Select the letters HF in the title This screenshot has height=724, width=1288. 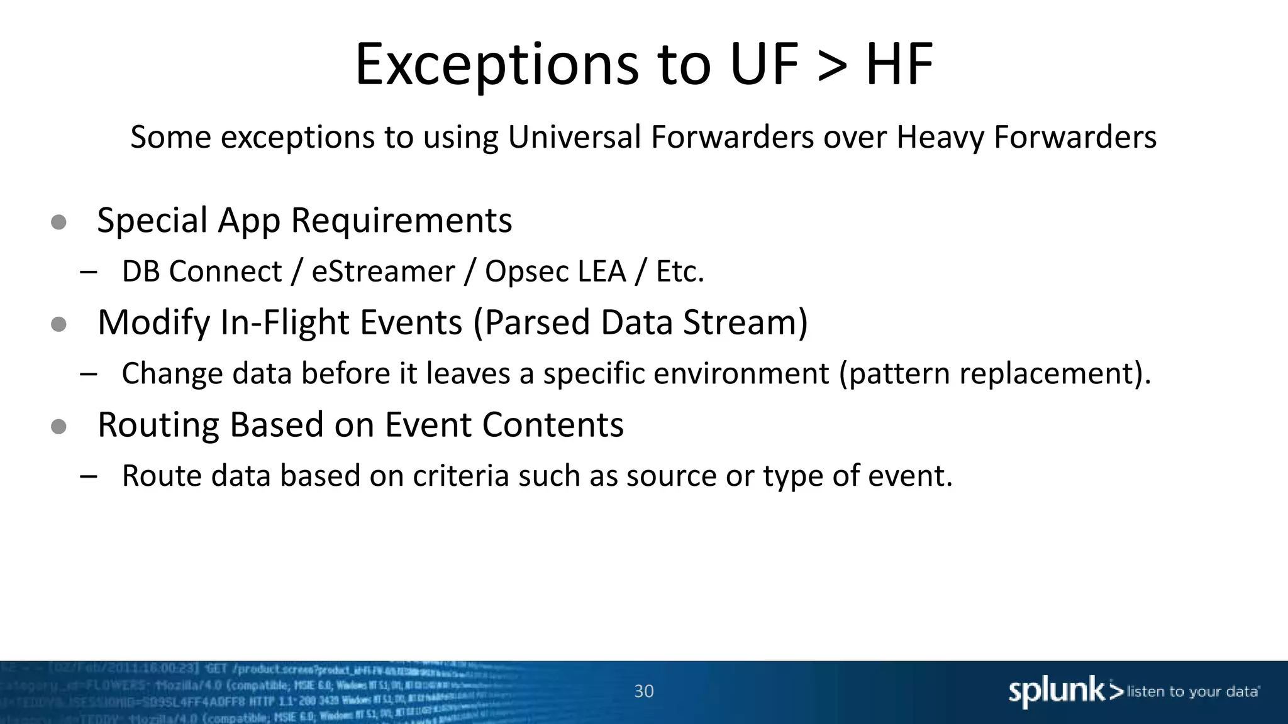click(x=899, y=65)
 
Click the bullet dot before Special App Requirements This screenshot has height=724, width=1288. click(x=58, y=222)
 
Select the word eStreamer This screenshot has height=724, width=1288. click(x=383, y=271)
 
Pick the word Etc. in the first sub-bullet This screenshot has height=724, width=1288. click(x=680, y=271)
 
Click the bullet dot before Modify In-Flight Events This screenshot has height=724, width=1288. click(x=58, y=324)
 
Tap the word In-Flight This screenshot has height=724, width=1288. click(x=279, y=323)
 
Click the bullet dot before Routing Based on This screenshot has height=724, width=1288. click(x=58, y=427)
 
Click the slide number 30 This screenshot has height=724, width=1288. click(x=644, y=691)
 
